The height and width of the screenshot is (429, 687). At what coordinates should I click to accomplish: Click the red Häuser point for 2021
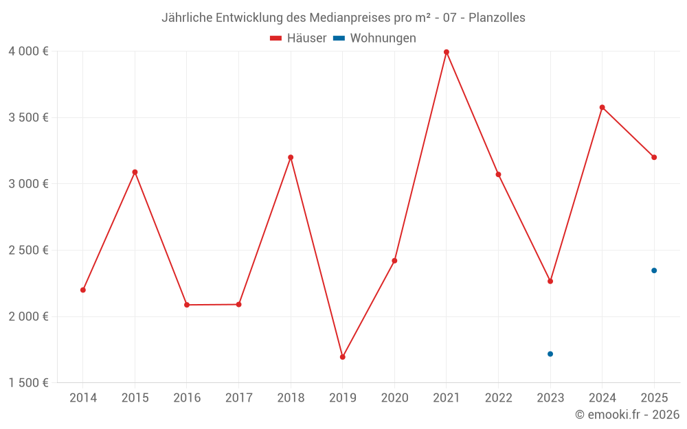[x=447, y=52]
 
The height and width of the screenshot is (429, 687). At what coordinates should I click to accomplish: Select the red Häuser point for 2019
[x=342, y=357]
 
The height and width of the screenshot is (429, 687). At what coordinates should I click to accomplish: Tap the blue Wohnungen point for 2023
[x=550, y=354]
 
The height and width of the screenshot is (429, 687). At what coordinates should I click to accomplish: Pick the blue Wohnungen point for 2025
[x=654, y=270]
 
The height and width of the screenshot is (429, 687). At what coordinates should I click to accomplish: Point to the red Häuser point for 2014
[x=83, y=290]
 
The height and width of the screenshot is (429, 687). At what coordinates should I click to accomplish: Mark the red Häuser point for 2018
[x=291, y=157]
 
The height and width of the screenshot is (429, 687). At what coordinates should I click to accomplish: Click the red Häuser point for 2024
[x=602, y=107]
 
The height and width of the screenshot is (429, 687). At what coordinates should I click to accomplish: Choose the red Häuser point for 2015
[x=135, y=172]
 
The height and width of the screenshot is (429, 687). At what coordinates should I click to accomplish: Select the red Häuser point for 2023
[x=550, y=281]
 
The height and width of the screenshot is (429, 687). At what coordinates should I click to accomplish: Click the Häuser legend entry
[x=298, y=38]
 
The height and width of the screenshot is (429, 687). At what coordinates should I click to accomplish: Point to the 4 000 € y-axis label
[x=28, y=51]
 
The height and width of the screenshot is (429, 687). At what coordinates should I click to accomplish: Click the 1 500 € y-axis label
[x=28, y=383]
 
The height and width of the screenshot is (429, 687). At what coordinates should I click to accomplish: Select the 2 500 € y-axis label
[x=28, y=251]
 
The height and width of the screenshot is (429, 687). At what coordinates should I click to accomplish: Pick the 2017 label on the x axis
[x=238, y=398]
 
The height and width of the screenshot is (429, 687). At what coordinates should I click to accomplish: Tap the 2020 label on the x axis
[x=394, y=398]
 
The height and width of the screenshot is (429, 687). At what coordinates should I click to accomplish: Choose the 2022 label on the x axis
[x=498, y=398]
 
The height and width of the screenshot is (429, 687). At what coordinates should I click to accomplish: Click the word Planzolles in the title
[x=497, y=18]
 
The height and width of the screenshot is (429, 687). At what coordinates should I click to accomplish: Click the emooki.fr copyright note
[x=627, y=415]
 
